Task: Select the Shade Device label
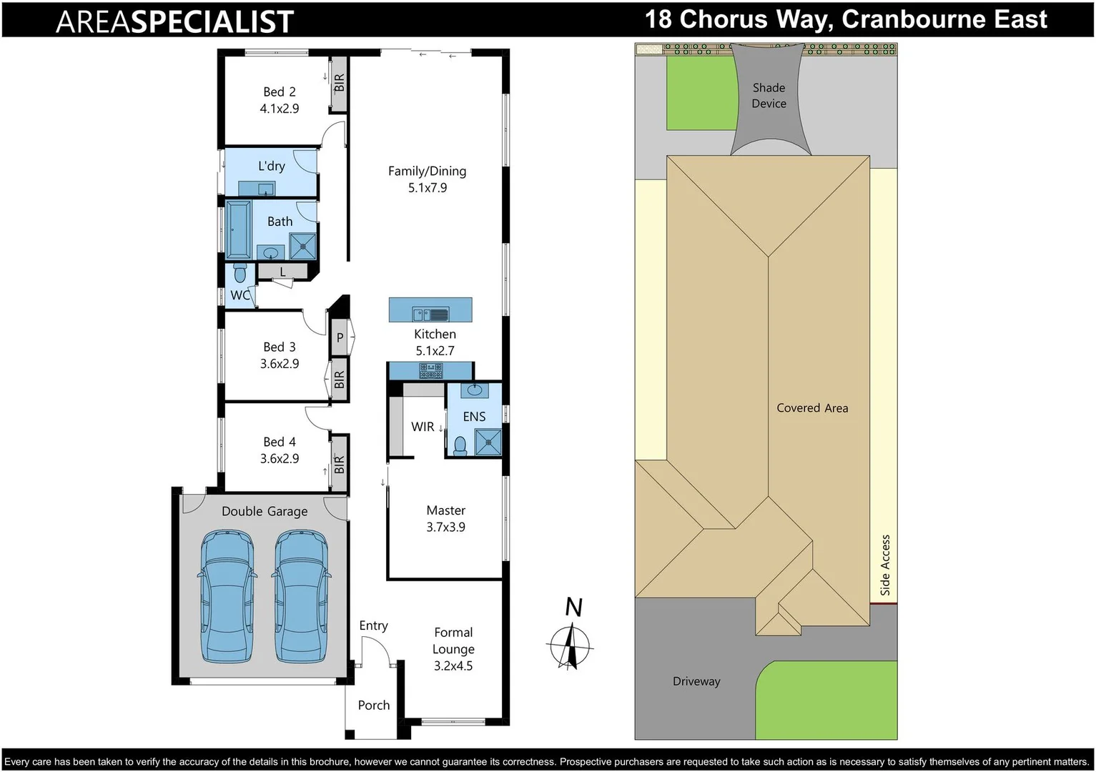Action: [769, 96]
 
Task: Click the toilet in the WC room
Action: [240, 273]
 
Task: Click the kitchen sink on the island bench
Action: [430, 313]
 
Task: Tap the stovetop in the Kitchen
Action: [430, 370]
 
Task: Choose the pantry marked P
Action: [340, 337]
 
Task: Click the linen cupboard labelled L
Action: [282, 272]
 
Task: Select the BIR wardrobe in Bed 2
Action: [340, 83]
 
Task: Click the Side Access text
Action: [885, 565]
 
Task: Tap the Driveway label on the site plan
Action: [696, 681]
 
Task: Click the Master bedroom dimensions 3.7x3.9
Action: [445, 528]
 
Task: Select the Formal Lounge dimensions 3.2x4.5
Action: [453, 666]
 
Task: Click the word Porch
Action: [373, 706]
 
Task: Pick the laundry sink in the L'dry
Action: [266, 189]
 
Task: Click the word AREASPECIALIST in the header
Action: [174, 21]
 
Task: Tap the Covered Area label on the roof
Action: [812, 408]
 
